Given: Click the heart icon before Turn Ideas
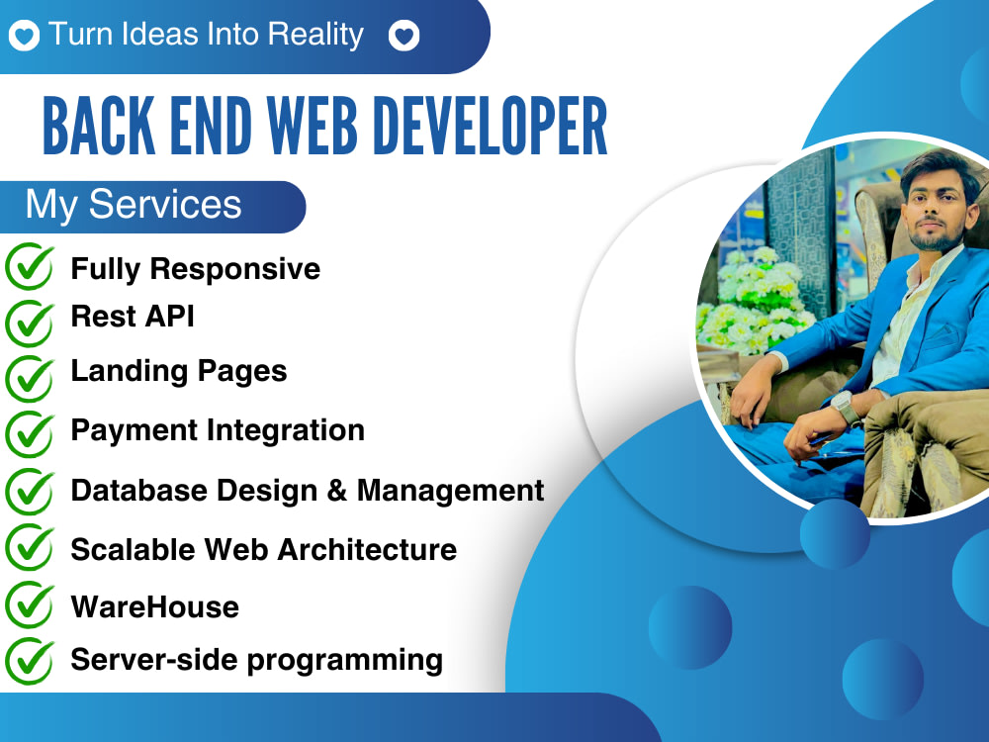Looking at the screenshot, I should (24, 37).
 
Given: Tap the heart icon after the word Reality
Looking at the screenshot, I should (404, 37).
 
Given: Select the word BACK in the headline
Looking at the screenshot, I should (95, 127).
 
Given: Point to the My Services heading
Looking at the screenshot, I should (134, 205).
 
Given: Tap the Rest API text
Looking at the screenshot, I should (133, 316).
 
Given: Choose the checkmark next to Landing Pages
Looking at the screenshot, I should (31, 376).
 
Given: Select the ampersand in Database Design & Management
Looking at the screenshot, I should (336, 491).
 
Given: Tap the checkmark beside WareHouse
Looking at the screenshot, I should (31, 603).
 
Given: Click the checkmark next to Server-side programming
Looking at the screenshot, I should (31, 657).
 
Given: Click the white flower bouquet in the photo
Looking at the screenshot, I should (752, 297).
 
